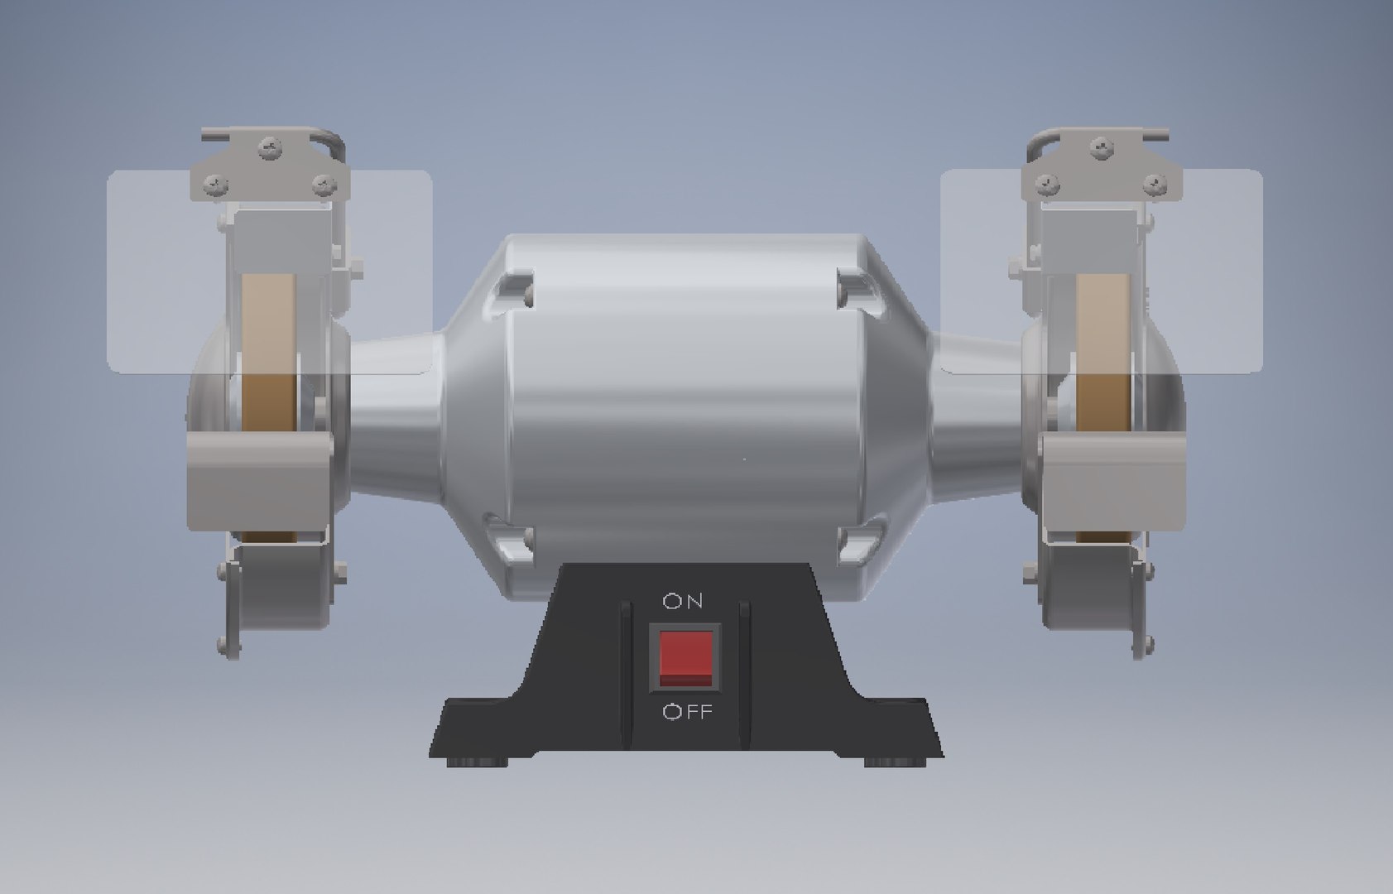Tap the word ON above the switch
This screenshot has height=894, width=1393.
684,602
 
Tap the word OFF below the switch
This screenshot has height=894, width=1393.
687,712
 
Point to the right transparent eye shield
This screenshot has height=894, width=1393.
1217,273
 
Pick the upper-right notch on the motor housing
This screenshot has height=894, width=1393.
857,290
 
